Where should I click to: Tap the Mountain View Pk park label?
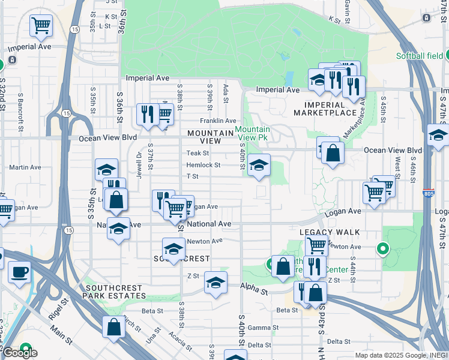click(x=252, y=133)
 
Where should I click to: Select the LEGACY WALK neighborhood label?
click(x=330, y=232)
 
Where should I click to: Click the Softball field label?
click(x=420, y=56)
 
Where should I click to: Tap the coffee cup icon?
click(x=19, y=272)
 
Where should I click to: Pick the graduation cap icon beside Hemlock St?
click(x=258, y=166)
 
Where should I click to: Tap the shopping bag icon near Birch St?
click(x=113, y=327)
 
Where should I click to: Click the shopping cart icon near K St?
click(x=41, y=25)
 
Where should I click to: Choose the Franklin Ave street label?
click(x=218, y=121)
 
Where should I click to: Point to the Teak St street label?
click(x=196, y=154)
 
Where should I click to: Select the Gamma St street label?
click(x=259, y=328)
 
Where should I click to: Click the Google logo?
click(x=19, y=353)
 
